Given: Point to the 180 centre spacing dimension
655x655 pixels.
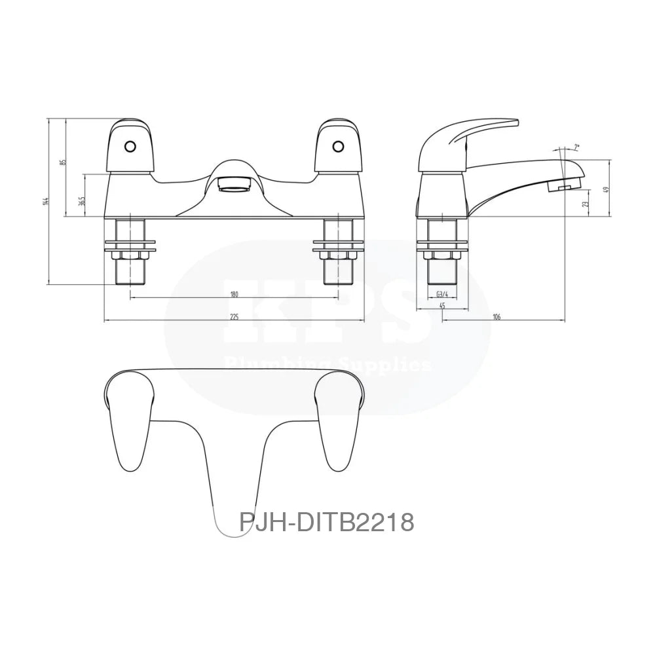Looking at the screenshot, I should click(234, 294).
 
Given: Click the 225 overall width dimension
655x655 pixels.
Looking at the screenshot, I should click(234, 317).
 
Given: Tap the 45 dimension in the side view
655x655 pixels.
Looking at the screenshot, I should click(442, 306).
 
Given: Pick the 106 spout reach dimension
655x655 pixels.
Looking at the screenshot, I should click(496, 317).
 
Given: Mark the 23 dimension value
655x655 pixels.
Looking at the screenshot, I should click(586, 204).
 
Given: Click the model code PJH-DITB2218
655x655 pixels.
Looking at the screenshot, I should click(326, 523).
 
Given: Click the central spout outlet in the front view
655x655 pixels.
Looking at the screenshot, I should click(234, 184).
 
